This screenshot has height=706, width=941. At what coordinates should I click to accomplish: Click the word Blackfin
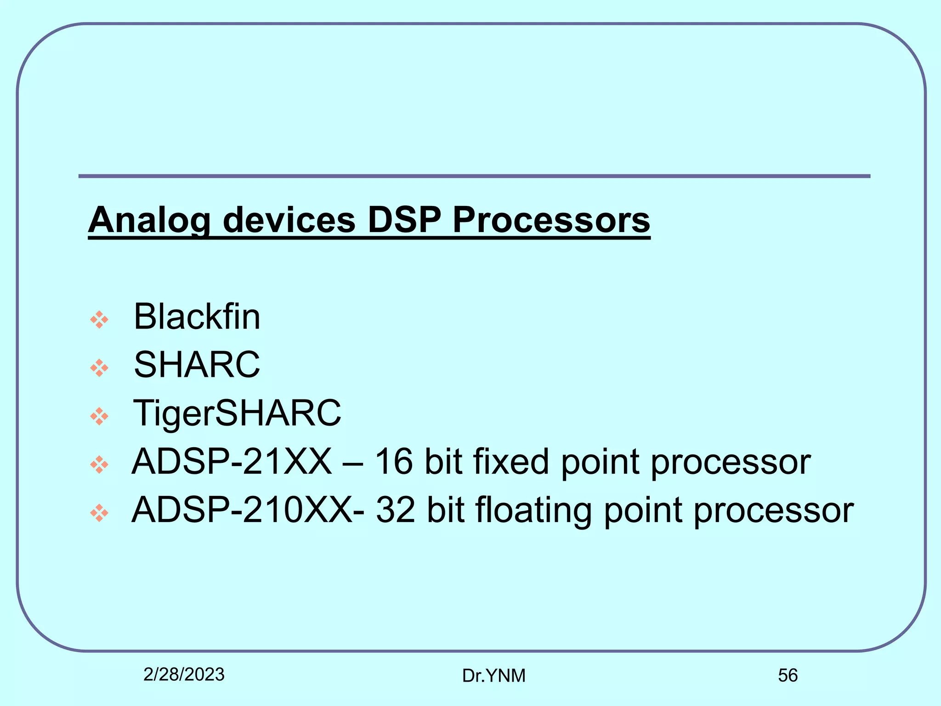pyautogui.click(x=197, y=317)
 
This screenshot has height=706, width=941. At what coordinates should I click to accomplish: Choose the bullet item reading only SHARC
pyautogui.click(x=197, y=364)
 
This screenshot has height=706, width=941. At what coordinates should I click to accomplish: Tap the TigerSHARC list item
pyautogui.click(x=237, y=413)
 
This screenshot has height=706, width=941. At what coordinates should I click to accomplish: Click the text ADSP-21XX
pyautogui.click(x=232, y=461)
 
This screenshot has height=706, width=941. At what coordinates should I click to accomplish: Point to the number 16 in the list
pyautogui.click(x=393, y=461)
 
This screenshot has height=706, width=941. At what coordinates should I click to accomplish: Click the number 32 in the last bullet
pyautogui.click(x=396, y=510)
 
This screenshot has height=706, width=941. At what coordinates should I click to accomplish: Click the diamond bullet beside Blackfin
pyautogui.click(x=99, y=319)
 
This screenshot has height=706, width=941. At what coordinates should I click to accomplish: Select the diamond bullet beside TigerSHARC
pyautogui.click(x=99, y=416)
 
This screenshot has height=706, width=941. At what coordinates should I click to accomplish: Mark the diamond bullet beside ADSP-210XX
pyautogui.click(x=99, y=513)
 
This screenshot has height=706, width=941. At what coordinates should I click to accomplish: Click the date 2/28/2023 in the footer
pyautogui.click(x=184, y=675)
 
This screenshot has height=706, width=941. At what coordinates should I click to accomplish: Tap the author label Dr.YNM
pyautogui.click(x=493, y=676)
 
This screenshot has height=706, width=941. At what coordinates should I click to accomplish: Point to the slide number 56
pyautogui.click(x=788, y=676)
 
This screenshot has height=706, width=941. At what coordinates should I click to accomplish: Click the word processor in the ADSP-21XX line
pyautogui.click(x=731, y=462)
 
